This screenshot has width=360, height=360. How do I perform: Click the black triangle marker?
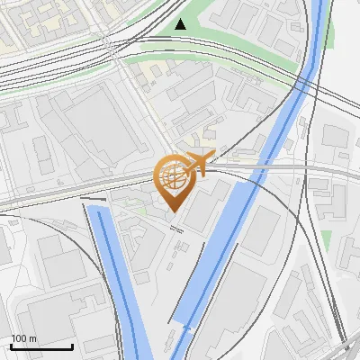[x=181, y=23]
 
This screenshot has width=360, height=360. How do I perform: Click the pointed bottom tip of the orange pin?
[x=172, y=211]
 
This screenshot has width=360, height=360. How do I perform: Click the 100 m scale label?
[x=24, y=338]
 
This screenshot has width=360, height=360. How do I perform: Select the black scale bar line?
[x=41, y=347]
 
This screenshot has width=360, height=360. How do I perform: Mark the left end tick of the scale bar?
[x=11, y=346]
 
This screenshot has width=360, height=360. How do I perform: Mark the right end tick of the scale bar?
[x=72, y=346]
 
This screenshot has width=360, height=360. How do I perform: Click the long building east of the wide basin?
[x=261, y=229]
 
